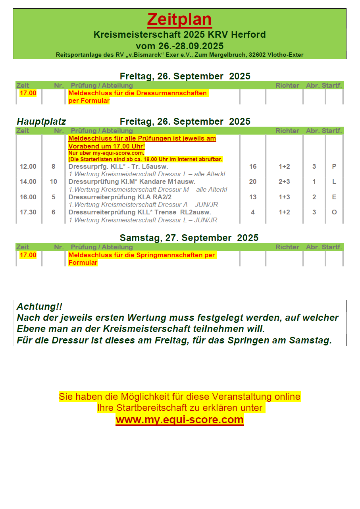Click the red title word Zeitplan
coord(179,19)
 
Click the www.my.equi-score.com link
coord(179,420)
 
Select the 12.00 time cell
coord(28,167)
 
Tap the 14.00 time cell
coord(28,182)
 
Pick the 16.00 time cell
coord(28,197)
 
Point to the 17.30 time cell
coord(28,212)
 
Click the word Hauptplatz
coord(41,121)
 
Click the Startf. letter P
coord(334,167)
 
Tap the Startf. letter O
coord(334,212)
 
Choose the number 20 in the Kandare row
coord(253,182)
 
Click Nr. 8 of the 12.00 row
coord(54,167)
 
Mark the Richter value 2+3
coord(284,182)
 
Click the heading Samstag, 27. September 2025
coord(189,238)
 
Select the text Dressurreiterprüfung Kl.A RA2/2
coord(120,197)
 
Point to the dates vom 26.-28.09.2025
coord(179,46)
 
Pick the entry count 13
coord(253,197)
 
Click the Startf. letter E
coord(334,197)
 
